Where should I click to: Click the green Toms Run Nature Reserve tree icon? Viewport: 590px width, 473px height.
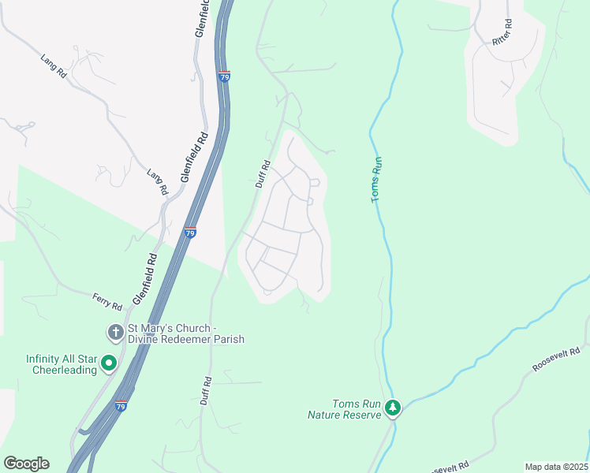coord(393,408)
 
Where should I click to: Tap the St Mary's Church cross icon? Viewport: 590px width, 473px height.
coord(114,332)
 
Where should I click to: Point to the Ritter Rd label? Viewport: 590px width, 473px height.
coord(502,32)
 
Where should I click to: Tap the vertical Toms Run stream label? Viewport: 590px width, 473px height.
coord(377,180)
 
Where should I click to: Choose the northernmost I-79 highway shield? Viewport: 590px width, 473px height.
coord(225,77)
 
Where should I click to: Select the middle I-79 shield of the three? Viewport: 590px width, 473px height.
coord(190,233)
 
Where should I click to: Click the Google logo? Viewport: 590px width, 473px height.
coord(26,464)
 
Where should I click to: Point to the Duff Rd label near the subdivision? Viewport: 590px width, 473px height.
coord(263,174)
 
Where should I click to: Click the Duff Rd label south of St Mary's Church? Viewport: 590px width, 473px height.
coord(207,390)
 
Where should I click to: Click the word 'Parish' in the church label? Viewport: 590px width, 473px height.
coord(226,339)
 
